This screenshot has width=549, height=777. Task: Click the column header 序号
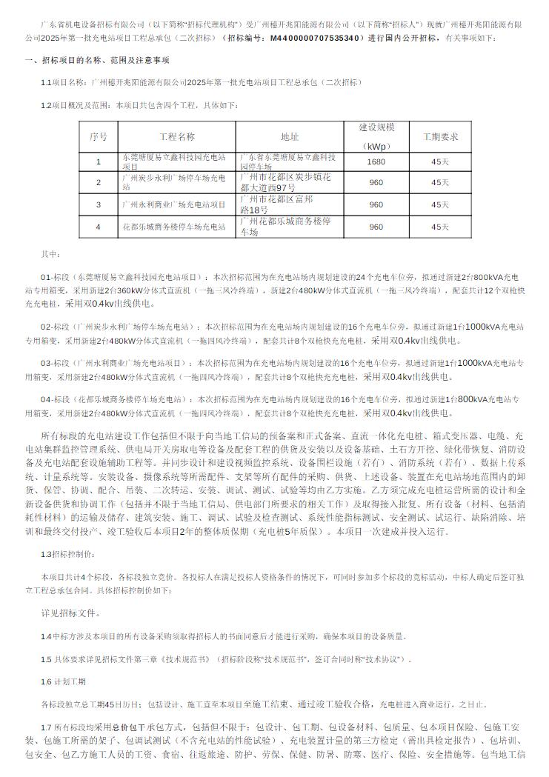click(x=99, y=137)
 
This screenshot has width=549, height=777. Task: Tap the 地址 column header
click(x=290, y=137)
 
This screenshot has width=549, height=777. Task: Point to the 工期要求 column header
click(x=440, y=137)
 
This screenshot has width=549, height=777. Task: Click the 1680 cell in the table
click(x=376, y=161)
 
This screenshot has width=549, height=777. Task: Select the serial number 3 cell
click(x=99, y=204)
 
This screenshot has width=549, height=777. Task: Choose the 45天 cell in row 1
click(x=440, y=161)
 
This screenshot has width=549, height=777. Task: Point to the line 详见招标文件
click(x=71, y=613)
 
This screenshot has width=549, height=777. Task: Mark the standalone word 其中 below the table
click(x=49, y=253)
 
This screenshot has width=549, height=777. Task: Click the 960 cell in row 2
click(x=376, y=182)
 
